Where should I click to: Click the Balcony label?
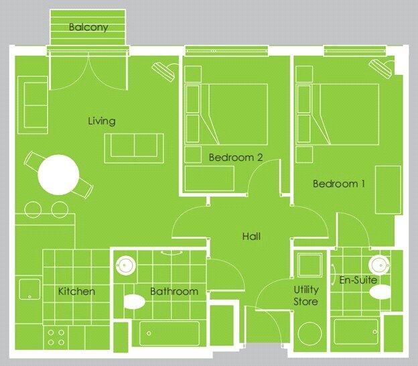click(x=88, y=27)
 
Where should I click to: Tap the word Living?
click(x=102, y=121)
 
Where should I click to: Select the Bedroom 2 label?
click(x=235, y=158)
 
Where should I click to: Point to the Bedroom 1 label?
click(x=338, y=184)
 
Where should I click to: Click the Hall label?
click(x=251, y=236)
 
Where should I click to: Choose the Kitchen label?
click(x=76, y=292)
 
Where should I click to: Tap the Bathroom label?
click(x=174, y=292)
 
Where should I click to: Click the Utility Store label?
click(x=306, y=296)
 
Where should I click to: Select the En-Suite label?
click(x=358, y=280)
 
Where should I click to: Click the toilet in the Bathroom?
click(x=135, y=302)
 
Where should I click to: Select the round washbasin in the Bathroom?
click(x=125, y=263)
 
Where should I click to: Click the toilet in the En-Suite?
click(x=380, y=292)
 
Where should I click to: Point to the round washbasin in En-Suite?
click(x=379, y=262)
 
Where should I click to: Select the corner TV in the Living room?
click(x=163, y=68)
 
